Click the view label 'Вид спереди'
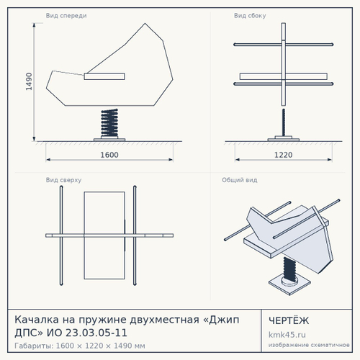tap(66, 16)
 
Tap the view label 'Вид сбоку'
tap(250, 16)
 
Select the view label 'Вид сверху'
tap(63, 180)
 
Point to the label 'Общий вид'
tap(240, 180)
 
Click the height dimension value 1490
tap(29, 81)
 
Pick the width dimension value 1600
tap(109, 155)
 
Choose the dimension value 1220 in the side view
tap(284, 155)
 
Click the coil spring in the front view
tap(109, 124)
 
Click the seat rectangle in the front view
tap(104, 76)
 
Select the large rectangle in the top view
tap(104, 235)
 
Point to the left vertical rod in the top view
tap(61, 235)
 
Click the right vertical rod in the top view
tap(135, 235)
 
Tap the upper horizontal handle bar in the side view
tap(284, 45)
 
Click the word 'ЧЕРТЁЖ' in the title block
tap(289, 320)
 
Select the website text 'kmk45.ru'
tap(287, 335)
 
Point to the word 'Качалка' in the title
tap(37, 320)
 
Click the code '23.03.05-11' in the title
tap(96, 333)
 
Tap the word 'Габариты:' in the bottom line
tap(34, 346)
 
